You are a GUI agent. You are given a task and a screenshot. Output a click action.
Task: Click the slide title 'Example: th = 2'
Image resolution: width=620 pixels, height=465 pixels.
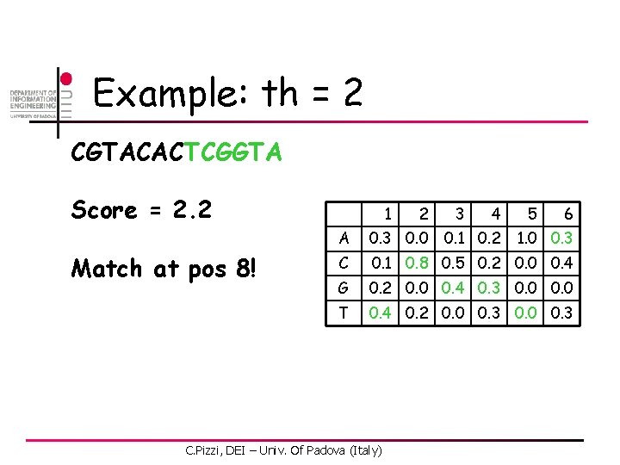coord(227,93)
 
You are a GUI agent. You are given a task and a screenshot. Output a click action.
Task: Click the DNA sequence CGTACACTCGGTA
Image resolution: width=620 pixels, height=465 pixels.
coord(177,153)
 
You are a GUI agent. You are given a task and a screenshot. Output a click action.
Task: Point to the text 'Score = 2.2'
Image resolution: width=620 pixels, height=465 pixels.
coord(141,210)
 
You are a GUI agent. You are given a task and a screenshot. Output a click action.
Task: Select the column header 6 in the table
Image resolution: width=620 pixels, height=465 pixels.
coord(567,213)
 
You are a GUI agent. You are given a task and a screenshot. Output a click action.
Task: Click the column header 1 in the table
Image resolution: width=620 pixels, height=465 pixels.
coord(389,213)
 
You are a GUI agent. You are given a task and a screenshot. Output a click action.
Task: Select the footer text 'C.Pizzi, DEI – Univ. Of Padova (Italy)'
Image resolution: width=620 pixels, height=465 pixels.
coord(283,449)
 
